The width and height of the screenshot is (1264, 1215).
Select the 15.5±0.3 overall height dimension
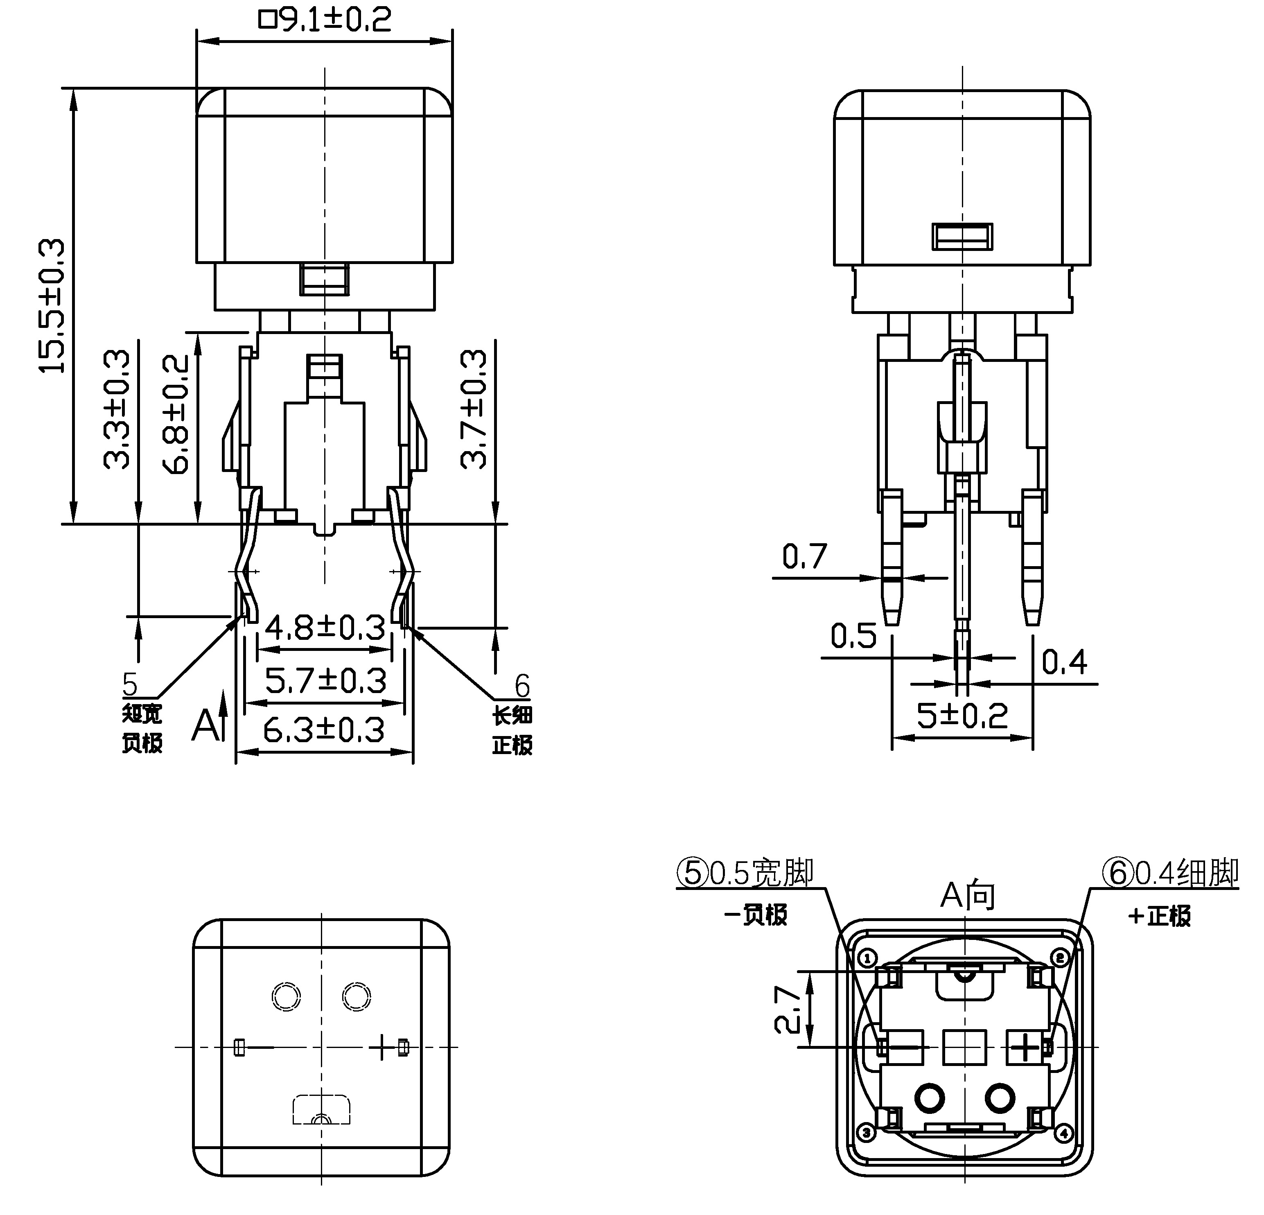pos(53,306)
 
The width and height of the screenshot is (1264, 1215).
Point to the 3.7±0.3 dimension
pos(474,409)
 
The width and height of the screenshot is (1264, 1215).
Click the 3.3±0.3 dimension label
pos(117,409)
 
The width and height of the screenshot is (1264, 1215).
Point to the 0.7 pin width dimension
pos(804,556)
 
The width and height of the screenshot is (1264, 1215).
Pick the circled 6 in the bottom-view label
pos(1117,874)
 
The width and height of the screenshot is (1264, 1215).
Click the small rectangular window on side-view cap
pos(962,237)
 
